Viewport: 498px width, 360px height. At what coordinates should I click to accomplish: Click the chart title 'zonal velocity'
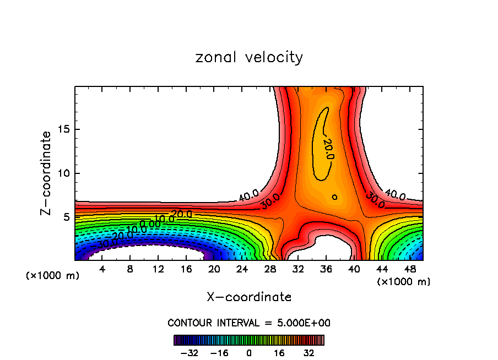click(x=249, y=57)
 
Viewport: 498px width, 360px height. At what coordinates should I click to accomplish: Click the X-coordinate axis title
click(x=249, y=297)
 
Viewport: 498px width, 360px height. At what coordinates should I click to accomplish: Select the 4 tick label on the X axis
click(x=102, y=269)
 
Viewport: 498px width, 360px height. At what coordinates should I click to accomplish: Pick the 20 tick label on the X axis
click(x=214, y=269)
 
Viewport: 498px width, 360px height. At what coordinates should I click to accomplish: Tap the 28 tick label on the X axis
click(x=270, y=269)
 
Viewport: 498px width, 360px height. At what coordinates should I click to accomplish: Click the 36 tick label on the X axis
click(x=326, y=269)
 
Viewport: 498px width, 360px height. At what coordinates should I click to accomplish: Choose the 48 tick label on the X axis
click(x=409, y=269)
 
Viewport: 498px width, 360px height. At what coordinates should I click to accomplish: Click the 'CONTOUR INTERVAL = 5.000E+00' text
click(x=249, y=323)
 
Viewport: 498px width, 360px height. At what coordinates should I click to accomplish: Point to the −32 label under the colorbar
click(x=190, y=353)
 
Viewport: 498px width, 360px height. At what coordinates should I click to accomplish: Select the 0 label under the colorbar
click(x=249, y=353)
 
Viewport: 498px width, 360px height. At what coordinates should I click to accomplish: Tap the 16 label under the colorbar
click(x=279, y=353)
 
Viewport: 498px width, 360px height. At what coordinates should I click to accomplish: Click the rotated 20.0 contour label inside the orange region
click(x=327, y=149)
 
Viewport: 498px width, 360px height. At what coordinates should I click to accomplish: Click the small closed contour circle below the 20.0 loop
click(x=334, y=197)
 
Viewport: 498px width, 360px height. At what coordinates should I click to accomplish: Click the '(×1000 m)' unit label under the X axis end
click(x=404, y=282)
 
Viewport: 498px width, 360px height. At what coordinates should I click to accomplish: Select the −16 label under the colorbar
click(x=219, y=353)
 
